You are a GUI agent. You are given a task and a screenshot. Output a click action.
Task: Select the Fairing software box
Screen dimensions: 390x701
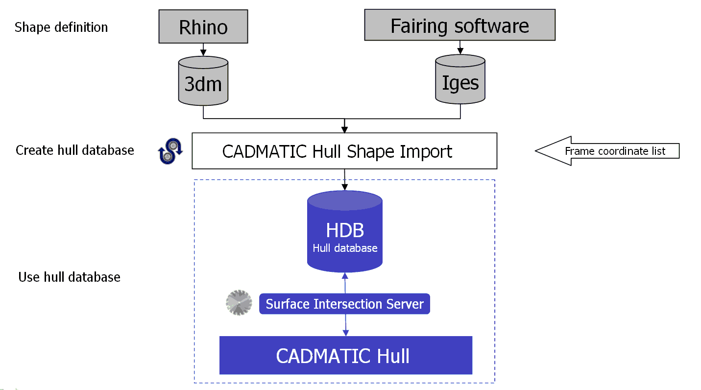click(459, 25)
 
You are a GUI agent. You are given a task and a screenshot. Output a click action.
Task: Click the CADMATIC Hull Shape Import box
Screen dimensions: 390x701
click(344, 151)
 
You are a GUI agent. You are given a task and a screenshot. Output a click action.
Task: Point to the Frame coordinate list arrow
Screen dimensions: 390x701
click(607, 151)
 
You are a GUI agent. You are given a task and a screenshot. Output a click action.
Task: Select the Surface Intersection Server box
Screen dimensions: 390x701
click(344, 304)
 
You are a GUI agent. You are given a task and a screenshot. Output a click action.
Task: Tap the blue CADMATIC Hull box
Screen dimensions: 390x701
click(345, 355)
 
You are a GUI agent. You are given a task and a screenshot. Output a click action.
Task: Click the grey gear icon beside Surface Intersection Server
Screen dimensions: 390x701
click(239, 302)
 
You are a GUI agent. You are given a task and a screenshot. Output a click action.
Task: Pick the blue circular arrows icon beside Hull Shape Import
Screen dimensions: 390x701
click(170, 150)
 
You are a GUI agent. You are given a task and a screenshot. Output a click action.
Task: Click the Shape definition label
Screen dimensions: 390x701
click(61, 27)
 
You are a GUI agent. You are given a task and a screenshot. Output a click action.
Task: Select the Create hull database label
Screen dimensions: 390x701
click(75, 150)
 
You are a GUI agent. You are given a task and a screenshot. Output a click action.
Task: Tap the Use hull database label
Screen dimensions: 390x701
click(69, 277)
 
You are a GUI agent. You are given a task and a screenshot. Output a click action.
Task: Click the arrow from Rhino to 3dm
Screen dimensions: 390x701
click(203, 49)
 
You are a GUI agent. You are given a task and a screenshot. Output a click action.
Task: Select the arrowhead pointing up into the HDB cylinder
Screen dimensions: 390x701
click(345, 275)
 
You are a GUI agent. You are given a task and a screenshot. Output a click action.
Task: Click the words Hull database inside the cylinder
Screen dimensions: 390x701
click(345, 248)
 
